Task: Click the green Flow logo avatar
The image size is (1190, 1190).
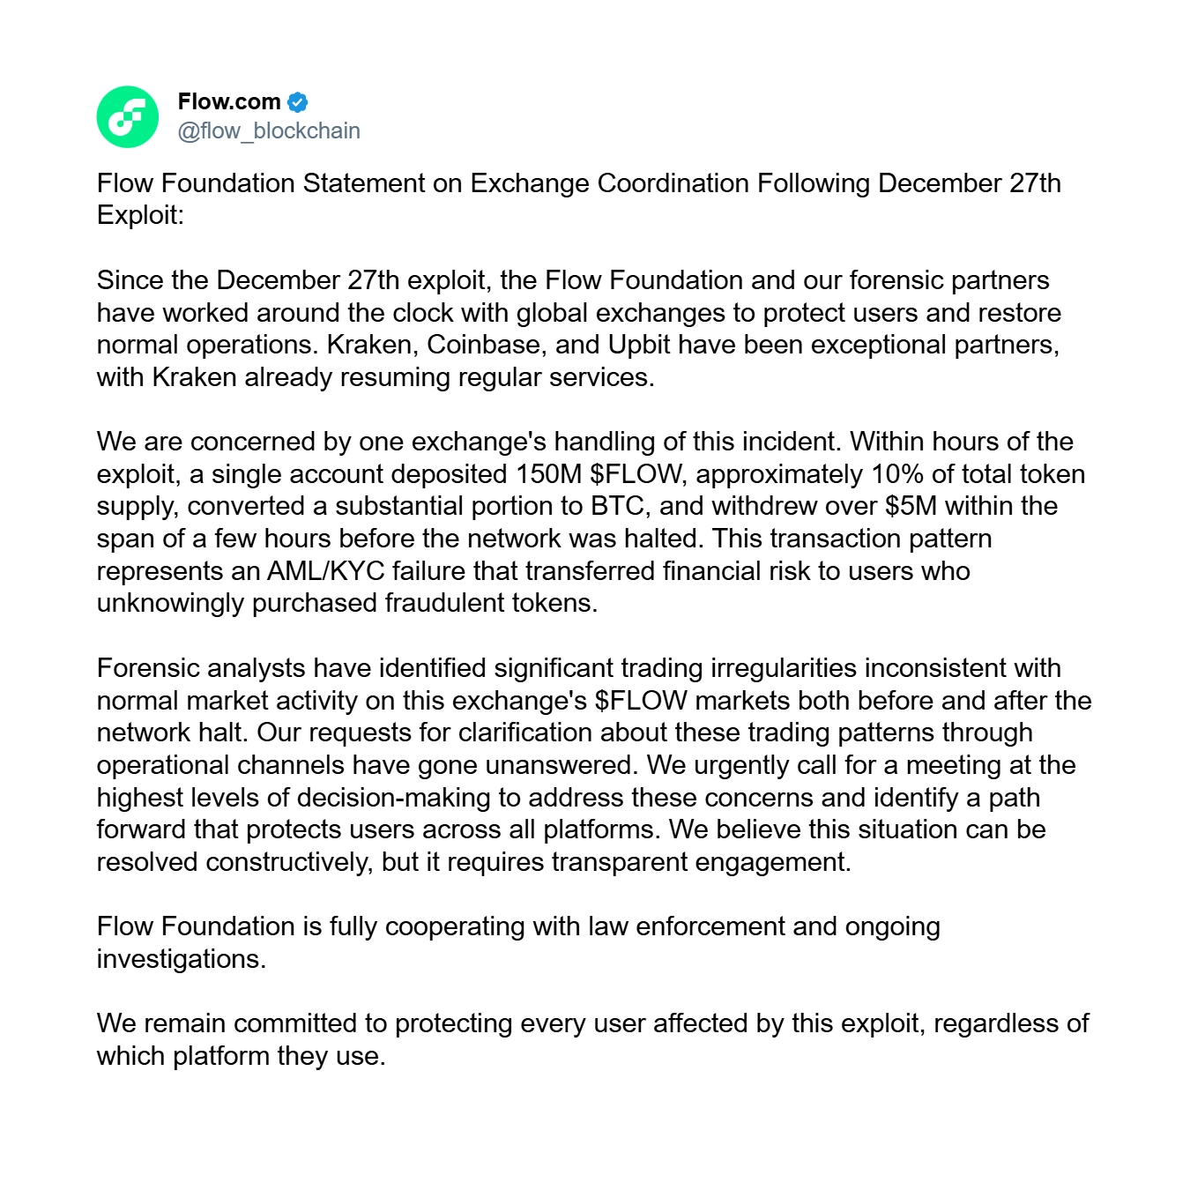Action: pos(128,116)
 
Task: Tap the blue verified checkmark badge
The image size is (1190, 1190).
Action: pos(298,102)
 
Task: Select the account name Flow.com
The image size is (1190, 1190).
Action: pos(229,102)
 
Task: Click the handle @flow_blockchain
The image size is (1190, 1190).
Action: pos(269,131)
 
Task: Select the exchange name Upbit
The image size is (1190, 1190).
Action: pos(640,345)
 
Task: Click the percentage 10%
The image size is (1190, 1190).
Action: pos(897,474)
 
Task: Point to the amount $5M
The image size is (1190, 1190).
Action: pos(911,506)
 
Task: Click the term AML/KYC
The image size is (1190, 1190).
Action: pos(326,571)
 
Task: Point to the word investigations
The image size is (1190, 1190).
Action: pos(181,959)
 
